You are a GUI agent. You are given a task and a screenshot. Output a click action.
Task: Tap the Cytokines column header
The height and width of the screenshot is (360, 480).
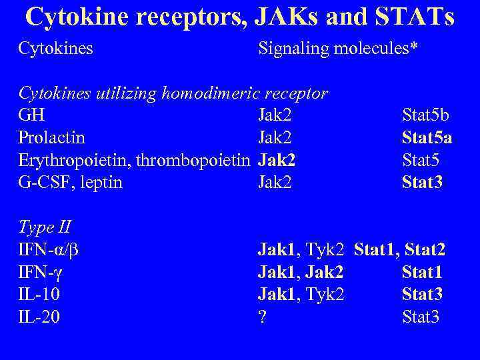pyautogui.click(x=56, y=48)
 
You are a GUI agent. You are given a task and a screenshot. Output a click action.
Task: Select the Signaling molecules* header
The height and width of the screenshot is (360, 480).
pyautogui.click(x=338, y=48)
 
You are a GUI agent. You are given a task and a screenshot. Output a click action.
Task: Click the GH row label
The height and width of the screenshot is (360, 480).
pyautogui.click(x=28, y=115)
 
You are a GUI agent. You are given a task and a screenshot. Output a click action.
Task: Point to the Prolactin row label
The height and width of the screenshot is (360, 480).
pyautogui.click(x=52, y=137)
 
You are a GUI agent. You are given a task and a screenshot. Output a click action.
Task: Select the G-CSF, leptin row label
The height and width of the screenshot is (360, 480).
pyautogui.click(x=71, y=182)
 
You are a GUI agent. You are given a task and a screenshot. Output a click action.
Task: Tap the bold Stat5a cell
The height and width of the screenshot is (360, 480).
pyautogui.click(x=427, y=137)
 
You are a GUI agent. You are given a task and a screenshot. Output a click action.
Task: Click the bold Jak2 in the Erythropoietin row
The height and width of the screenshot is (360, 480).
pyautogui.click(x=277, y=160)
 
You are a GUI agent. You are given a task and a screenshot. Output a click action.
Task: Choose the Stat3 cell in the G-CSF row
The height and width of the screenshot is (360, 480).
pyautogui.click(x=422, y=182)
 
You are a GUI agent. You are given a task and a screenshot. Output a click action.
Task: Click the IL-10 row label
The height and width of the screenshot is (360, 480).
pyautogui.click(x=39, y=294)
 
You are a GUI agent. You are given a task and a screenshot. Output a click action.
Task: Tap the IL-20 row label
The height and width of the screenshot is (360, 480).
pyautogui.click(x=39, y=317)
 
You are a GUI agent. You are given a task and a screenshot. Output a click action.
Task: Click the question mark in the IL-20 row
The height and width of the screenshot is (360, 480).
pyautogui.click(x=263, y=317)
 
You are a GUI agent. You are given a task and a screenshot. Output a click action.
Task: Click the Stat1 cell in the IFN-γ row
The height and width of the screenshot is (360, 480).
pyautogui.click(x=422, y=272)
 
